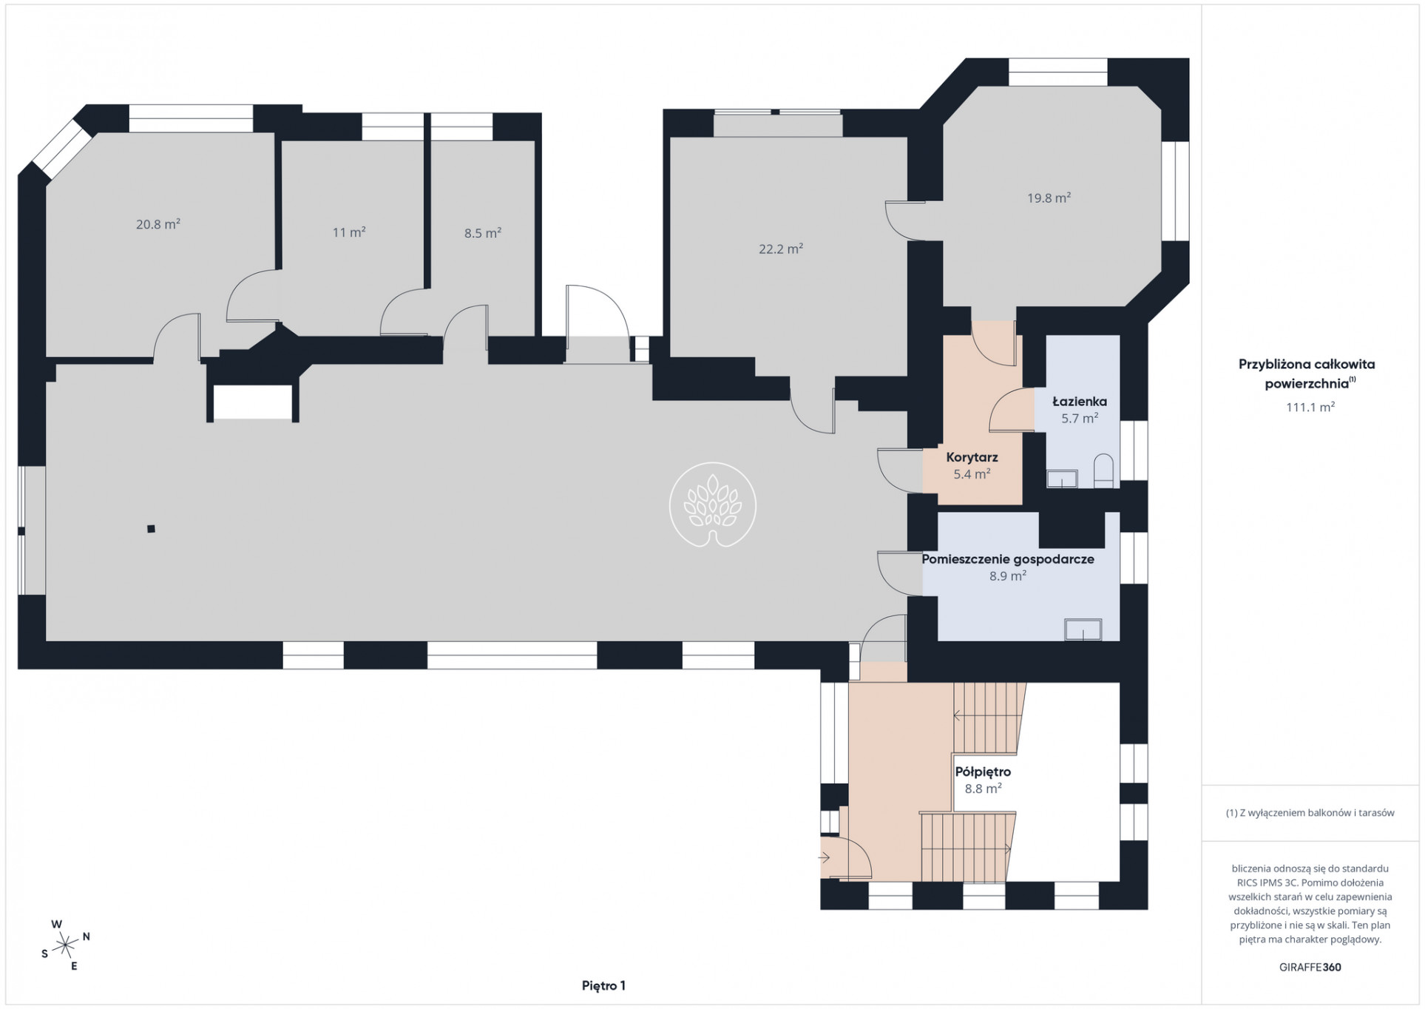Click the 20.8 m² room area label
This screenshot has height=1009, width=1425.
(158, 224)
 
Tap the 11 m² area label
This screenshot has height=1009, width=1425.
(349, 232)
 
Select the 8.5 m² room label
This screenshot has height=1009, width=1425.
(483, 233)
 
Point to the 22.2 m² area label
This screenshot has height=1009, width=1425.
(781, 249)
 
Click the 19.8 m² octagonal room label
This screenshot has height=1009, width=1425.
(1049, 198)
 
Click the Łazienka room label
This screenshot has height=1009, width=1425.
(1080, 402)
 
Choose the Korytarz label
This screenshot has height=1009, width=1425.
(972, 458)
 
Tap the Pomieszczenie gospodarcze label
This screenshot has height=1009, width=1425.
(1008, 559)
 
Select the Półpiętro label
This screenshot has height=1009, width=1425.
(983, 772)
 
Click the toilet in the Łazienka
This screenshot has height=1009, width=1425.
(1103, 470)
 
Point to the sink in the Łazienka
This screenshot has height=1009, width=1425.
(1062, 479)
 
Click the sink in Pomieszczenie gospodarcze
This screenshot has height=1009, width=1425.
(1083, 630)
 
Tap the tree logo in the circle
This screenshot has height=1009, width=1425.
(713, 505)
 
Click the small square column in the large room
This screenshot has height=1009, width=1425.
(151, 529)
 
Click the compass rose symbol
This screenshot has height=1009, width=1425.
(66, 944)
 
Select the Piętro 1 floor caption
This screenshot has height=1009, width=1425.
(603, 985)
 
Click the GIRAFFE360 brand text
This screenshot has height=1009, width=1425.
(1310, 967)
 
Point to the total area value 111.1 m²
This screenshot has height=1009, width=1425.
(1310, 407)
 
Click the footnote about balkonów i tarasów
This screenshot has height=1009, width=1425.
(1310, 812)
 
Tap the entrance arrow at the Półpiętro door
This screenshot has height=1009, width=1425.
(825, 858)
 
